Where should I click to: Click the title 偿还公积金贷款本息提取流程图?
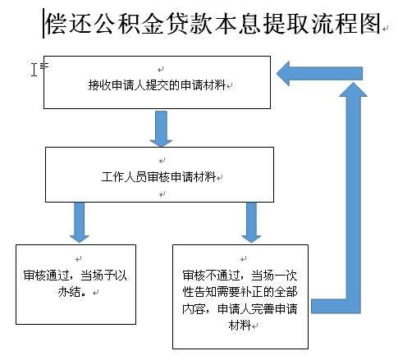[x=213, y=24]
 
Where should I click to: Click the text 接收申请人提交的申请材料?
[x=157, y=85]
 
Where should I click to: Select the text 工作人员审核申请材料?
[x=158, y=176]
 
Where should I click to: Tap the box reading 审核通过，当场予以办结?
[x=75, y=285]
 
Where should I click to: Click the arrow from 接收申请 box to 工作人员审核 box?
[x=161, y=129]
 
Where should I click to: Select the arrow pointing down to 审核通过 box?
[x=80, y=222]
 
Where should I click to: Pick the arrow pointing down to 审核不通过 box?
[x=251, y=222]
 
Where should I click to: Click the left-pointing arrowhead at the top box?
[x=283, y=74]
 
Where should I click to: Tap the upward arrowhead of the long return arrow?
[x=353, y=90]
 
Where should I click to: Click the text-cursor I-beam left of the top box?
[x=34, y=70]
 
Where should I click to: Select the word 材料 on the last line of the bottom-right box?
[x=240, y=326]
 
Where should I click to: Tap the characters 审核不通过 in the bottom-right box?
[x=211, y=276]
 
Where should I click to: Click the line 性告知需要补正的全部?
[x=240, y=292]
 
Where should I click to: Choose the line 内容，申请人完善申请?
[x=240, y=308]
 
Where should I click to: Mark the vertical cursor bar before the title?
[x=43, y=24]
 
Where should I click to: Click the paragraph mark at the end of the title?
[x=386, y=28]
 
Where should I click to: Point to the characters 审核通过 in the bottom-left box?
[x=46, y=276]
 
